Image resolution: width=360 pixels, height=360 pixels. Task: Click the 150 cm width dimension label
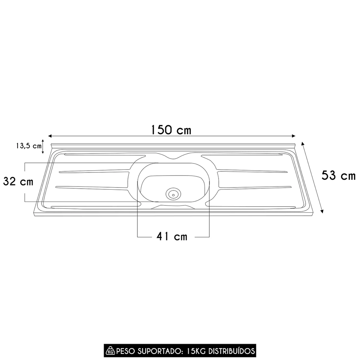(171, 130)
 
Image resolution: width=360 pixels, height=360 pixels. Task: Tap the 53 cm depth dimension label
(338, 176)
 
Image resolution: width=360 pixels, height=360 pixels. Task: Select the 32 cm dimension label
(18, 182)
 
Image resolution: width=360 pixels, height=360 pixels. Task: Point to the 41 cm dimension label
(172, 237)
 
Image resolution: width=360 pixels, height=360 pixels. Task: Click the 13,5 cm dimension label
(28, 146)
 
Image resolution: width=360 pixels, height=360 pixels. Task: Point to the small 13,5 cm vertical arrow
(43, 146)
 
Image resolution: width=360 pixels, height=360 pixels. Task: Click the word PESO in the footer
(125, 350)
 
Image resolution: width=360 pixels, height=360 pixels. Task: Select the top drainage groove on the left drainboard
(104, 156)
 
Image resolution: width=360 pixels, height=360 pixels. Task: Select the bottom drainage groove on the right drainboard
(252, 207)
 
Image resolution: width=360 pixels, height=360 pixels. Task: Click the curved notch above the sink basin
(173, 158)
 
